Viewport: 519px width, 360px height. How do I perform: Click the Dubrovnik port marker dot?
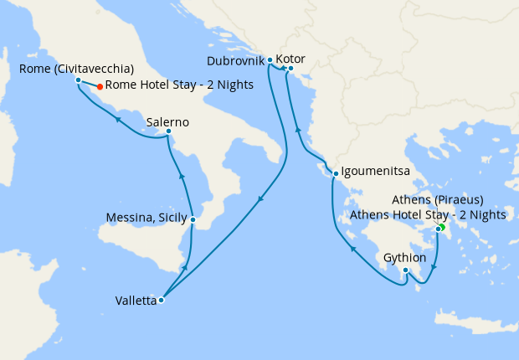(x=270, y=60)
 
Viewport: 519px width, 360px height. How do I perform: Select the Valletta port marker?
(x=161, y=300)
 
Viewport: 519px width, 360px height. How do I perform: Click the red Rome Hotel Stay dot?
(x=100, y=86)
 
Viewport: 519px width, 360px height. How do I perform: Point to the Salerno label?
(x=167, y=122)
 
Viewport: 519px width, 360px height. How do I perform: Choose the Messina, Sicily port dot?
(x=193, y=220)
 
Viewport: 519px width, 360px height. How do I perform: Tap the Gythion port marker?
(x=405, y=270)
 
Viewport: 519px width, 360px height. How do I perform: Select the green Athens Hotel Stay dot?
(x=442, y=227)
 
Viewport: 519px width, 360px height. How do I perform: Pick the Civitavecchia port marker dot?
(x=78, y=80)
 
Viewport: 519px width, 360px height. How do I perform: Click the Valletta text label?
(x=136, y=301)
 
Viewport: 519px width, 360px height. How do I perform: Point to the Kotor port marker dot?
(x=290, y=80)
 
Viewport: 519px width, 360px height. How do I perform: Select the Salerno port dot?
(x=168, y=131)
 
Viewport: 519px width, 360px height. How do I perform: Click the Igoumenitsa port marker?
(x=335, y=174)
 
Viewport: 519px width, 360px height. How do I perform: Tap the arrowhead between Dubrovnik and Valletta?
(x=260, y=199)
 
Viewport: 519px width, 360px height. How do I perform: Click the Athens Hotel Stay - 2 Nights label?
(x=428, y=214)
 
